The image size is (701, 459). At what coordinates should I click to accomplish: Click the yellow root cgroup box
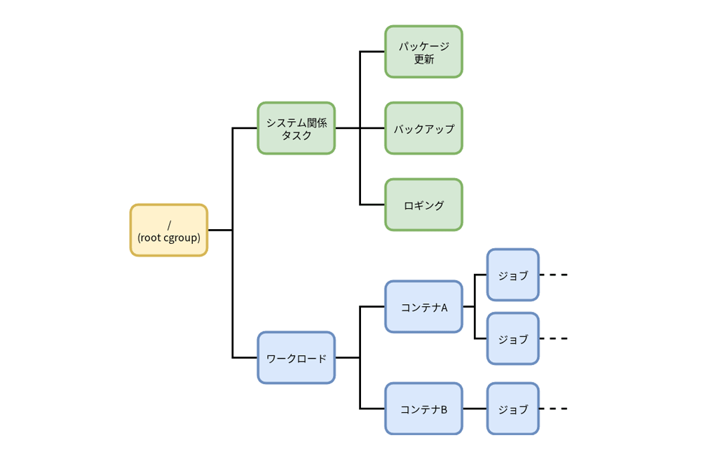pos(168,230)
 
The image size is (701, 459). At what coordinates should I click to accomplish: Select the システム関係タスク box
pos(296,128)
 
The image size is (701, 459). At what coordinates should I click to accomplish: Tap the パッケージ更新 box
pos(423,52)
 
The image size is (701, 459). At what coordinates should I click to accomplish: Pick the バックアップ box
pos(423,128)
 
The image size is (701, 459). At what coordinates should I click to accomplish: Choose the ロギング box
pos(423,205)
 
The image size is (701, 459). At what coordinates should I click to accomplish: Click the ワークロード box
pos(296,357)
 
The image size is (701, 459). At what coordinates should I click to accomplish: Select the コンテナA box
pos(423,306)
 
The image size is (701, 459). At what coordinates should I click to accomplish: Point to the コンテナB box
pos(423,409)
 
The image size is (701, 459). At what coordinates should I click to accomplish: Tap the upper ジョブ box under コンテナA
pos(512,275)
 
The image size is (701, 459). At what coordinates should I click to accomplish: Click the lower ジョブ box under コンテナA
pos(512,338)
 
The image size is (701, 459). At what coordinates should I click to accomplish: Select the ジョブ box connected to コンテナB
pos(512,409)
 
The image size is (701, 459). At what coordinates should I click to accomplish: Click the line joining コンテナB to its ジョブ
pos(475,409)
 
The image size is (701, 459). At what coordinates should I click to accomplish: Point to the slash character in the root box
pos(169,224)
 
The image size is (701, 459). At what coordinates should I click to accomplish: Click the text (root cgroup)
pos(169,237)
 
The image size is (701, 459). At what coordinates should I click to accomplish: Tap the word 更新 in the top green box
pos(424,60)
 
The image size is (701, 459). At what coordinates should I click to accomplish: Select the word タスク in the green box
pos(297,135)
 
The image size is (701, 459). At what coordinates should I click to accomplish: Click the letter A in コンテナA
pos(444,307)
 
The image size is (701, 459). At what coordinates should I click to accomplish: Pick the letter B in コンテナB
pos(444,409)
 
